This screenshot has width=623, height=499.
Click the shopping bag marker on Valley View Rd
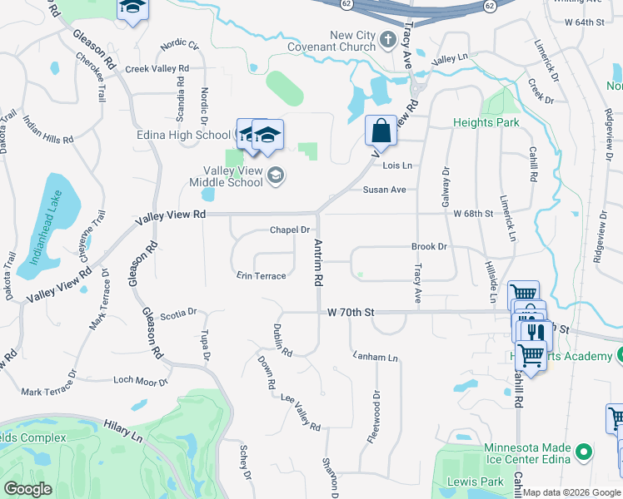381,131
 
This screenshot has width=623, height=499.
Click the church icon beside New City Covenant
387,38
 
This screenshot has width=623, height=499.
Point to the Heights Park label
486,122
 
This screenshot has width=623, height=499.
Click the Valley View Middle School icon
276,175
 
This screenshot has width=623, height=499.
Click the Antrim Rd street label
317,263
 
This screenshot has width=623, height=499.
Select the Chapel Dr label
289,230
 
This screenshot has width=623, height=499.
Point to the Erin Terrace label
261,275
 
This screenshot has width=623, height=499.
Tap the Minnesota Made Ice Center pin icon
584,453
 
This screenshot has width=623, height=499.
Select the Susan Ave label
384,190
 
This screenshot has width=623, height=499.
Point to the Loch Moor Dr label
141,381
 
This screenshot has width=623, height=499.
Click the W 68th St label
473,214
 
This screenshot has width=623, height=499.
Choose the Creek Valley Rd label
157,68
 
